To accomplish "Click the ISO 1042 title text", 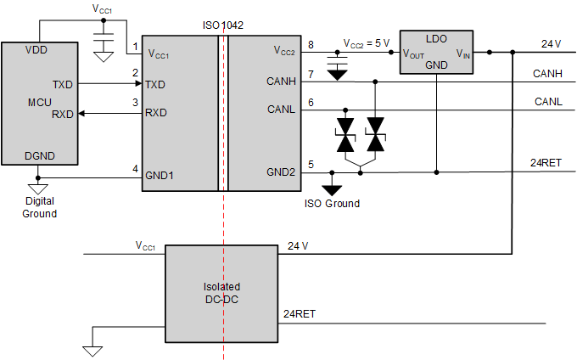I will (223, 25).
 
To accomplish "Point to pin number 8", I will (311, 44).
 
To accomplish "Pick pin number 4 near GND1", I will (135, 169).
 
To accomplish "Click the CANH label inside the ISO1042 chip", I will (281, 82).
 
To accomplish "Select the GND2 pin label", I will (281, 172).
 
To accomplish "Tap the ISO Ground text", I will (332, 204).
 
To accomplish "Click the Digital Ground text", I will (39, 208).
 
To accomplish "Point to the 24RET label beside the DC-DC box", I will (300, 314).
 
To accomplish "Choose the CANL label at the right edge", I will (547, 102).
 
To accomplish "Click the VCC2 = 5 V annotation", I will (366, 42).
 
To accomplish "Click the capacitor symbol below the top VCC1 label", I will (103, 40).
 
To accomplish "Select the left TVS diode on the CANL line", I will (345, 136).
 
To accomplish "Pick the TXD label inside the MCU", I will (62, 86).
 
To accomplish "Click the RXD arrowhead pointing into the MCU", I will (81, 113).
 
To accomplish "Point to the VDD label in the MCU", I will (37, 49).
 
